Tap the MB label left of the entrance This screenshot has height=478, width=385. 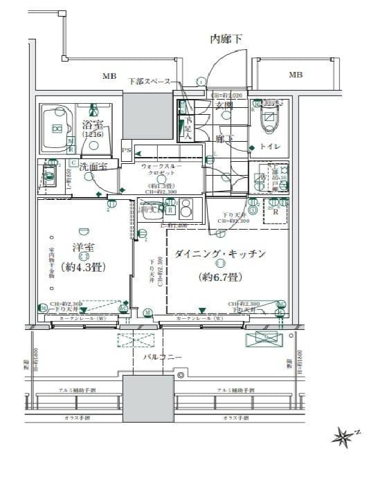(x=110, y=75)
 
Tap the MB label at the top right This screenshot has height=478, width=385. (x=296, y=75)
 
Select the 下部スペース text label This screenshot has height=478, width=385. (x=149, y=82)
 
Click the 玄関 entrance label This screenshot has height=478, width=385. (x=224, y=104)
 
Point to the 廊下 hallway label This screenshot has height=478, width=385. (x=223, y=139)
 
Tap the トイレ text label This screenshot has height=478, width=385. (x=271, y=147)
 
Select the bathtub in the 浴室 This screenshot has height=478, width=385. (x=57, y=128)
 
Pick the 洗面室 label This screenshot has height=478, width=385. (x=92, y=167)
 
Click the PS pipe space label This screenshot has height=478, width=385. (x=126, y=149)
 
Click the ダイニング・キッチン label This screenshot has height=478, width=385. (x=220, y=255)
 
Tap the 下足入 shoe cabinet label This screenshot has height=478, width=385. (x=187, y=129)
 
